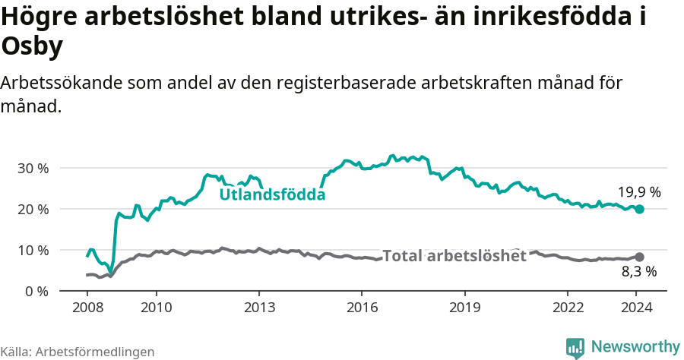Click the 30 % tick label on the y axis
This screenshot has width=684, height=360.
click(x=33, y=168)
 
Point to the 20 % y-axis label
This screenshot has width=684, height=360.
click(x=33, y=209)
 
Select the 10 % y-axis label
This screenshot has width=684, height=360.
click(x=33, y=250)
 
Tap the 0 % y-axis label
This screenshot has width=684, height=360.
click(x=37, y=291)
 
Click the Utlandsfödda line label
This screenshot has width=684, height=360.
click(x=272, y=195)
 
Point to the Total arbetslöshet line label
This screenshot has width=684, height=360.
click(x=454, y=256)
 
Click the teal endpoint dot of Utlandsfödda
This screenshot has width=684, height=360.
click(x=639, y=209)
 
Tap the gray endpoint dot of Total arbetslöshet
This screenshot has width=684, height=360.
click(x=639, y=257)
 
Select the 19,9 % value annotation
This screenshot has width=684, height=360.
click(x=639, y=192)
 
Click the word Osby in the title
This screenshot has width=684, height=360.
click(x=33, y=47)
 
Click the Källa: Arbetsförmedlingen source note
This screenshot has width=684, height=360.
click(x=78, y=352)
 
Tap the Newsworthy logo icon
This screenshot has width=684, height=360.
click(x=575, y=348)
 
